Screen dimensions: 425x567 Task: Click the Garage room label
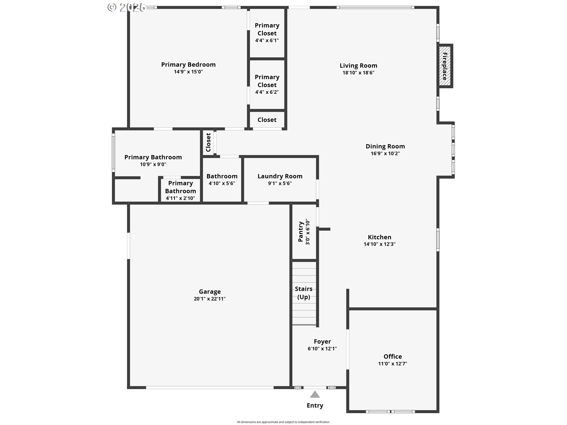[210, 292]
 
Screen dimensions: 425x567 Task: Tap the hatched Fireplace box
[445, 66]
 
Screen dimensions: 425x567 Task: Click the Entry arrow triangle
[315, 395]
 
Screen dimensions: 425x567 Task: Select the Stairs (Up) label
[304, 293]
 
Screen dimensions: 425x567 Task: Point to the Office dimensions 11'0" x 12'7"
[392, 364]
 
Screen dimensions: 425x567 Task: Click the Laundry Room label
[280, 176]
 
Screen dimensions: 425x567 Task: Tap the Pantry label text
[301, 232]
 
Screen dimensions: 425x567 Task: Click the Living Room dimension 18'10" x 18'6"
[358, 73]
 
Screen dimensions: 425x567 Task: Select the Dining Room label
[385, 146]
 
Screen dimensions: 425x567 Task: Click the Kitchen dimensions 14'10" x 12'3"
[379, 244]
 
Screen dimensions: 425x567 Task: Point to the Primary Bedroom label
[188, 65]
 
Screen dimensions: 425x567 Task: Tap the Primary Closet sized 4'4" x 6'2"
[267, 84]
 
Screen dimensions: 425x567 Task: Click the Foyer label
[322, 341]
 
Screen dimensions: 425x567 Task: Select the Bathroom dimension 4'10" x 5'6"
[222, 183]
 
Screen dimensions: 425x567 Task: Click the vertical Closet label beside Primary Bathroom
[208, 143]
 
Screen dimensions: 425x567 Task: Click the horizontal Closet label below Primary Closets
[267, 120]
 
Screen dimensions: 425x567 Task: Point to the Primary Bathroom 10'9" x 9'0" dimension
[153, 164]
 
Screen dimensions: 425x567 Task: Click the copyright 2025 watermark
[126, 7]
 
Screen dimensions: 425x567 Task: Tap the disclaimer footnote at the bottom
[283, 422]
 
